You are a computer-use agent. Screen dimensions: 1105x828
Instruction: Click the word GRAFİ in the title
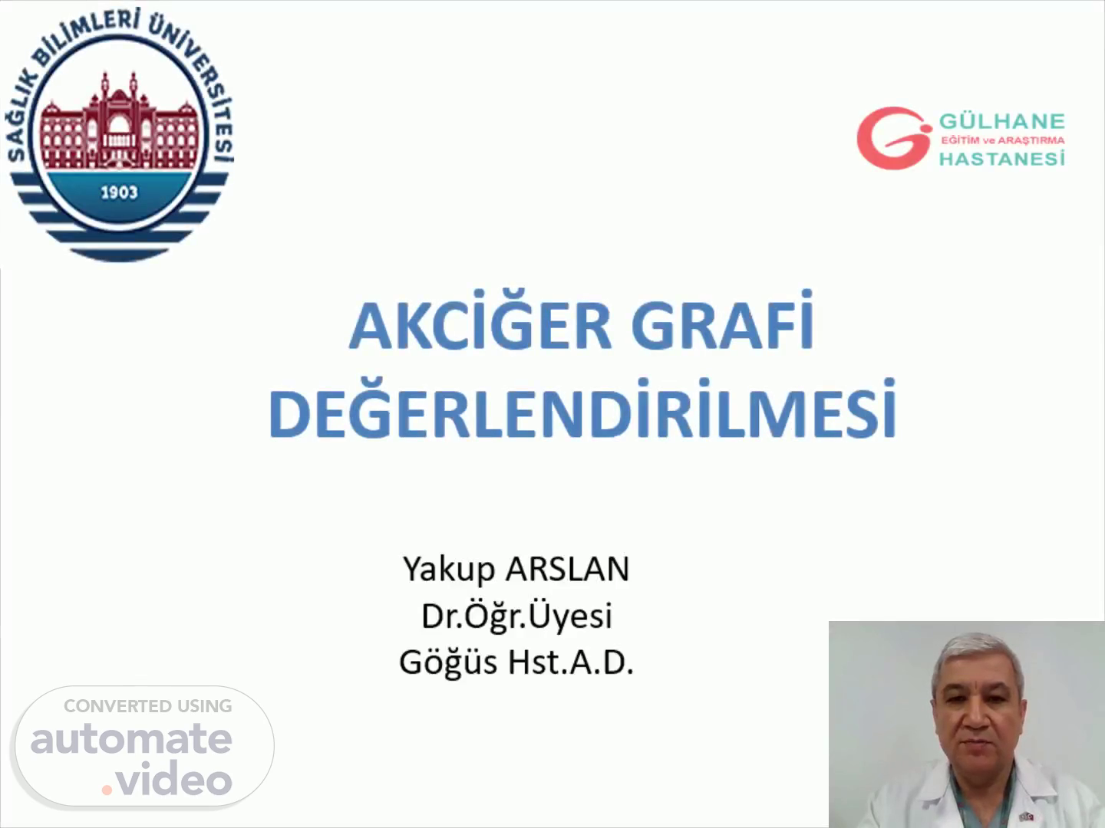(x=723, y=320)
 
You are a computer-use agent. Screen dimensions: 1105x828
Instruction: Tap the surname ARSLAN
(x=567, y=569)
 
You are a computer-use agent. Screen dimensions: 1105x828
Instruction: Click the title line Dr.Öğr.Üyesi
(x=516, y=615)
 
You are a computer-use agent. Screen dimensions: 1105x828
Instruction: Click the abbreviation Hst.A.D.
(x=571, y=662)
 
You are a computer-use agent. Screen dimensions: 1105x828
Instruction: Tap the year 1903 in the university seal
(x=119, y=192)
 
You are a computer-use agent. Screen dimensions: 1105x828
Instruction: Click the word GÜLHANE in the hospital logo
(x=1002, y=120)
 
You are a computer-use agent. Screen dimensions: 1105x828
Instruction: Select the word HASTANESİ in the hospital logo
(x=1002, y=159)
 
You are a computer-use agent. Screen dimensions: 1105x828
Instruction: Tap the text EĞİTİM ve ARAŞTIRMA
(x=1003, y=140)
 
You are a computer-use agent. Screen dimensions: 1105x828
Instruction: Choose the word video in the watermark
(x=174, y=778)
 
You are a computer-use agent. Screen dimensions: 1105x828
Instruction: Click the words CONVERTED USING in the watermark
(x=148, y=706)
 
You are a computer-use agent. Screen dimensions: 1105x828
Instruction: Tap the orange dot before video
(x=107, y=790)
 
